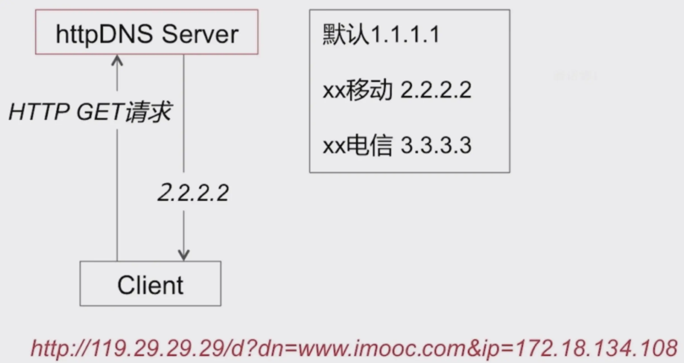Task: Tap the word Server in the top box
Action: pyautogui.click(x=200, y=35)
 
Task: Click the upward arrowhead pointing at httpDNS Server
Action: pyautogui.click(x=117, y=60)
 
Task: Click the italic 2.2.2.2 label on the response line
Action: pyautogui.click(x=193, y=193)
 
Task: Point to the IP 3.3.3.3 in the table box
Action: pyautogui.click(x=436, y=146)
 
